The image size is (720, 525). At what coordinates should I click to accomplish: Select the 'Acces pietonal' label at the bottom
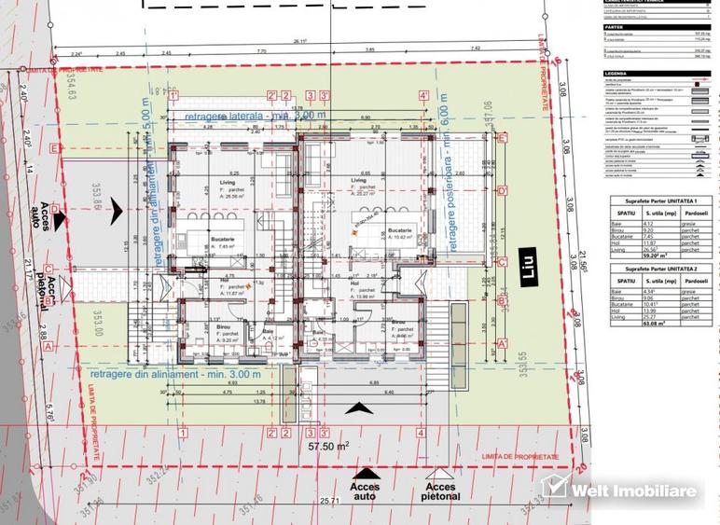tap(440, 490)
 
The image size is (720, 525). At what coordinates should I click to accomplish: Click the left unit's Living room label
tap(227, 183)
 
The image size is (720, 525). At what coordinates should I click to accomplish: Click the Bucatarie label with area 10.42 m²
tap(400, 231)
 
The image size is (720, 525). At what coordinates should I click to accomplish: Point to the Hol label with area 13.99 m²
tap(365, 290)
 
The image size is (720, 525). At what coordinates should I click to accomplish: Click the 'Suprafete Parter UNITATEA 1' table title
tap(656, 202)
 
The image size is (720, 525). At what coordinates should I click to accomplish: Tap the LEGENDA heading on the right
tap(616, 72)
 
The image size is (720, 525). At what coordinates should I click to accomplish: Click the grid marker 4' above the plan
tap(423, 95)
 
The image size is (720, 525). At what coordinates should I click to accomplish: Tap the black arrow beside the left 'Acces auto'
tap(61, 222)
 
